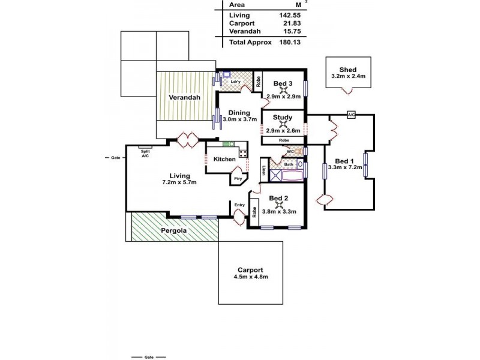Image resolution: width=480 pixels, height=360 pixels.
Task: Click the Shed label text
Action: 348,69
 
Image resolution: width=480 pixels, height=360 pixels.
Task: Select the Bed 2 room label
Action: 279,198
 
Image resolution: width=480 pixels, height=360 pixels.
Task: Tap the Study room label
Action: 282,118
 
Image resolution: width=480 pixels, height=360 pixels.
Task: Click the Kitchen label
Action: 224,159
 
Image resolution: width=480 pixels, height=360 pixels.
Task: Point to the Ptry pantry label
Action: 238,178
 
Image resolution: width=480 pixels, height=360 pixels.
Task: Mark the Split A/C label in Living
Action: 145,153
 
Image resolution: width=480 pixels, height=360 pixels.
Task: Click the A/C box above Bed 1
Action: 351,113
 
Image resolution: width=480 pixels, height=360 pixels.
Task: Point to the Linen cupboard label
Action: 264,172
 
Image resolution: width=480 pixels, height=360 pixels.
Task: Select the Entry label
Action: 239,205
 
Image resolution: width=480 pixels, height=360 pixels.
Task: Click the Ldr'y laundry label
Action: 236,82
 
